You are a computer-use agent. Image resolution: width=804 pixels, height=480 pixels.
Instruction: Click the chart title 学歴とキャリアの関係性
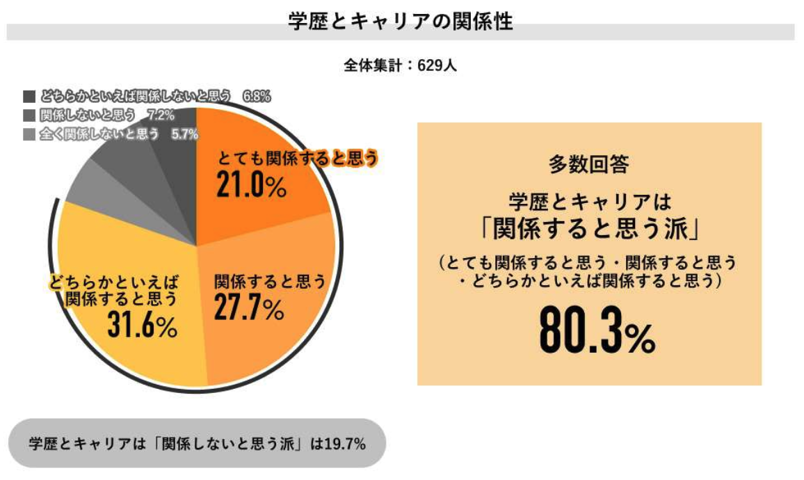401,22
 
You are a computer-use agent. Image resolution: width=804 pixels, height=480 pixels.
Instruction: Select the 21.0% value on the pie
251,184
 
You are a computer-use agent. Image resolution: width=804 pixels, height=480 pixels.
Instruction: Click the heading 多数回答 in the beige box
588,164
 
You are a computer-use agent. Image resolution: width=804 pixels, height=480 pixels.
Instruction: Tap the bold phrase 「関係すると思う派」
588,227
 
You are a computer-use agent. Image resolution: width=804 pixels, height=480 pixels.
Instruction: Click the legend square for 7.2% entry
29,115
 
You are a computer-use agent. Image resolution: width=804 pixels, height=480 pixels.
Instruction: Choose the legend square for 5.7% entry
29,134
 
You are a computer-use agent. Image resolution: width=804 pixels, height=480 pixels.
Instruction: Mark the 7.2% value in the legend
161,115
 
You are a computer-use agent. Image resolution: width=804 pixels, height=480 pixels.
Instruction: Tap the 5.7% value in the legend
185,134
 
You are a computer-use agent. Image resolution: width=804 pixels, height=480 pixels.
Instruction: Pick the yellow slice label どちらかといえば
114,282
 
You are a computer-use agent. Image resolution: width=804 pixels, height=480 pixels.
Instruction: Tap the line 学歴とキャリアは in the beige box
588,202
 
